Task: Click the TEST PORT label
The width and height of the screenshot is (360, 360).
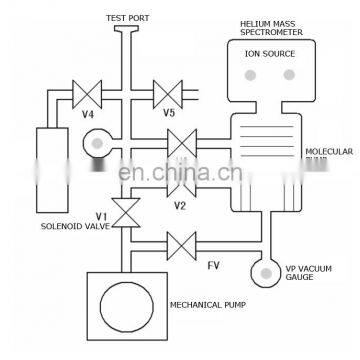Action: (x=129, y=16)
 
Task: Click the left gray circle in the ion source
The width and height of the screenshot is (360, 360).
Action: (x=247, y=73)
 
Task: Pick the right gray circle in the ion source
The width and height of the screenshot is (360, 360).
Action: (x=290, y=73)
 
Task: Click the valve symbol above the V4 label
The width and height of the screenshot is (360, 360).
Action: (x=88, y=95)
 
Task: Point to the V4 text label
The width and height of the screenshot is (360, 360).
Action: (x=87, y=113)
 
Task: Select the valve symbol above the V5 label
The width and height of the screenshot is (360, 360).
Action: (x=166, y=95)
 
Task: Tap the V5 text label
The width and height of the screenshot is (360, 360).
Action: (x=170, y=113)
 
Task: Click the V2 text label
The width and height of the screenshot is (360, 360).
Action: (x=180, y=206)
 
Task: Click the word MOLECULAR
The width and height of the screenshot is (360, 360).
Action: (x=326, y=150)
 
